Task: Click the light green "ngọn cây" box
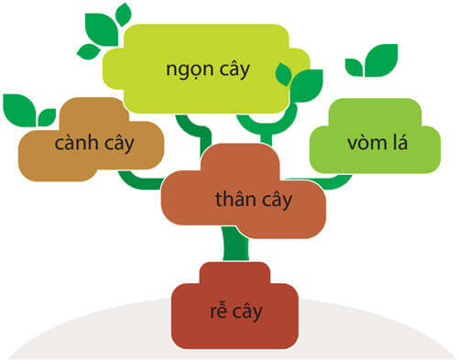pos(209,69)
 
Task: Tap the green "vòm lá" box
pos(366,142)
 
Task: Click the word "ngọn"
pos(186,71)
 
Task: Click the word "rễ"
pos(217,311)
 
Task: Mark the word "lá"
pos(396,143)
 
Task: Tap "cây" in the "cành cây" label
pos(116,144)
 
